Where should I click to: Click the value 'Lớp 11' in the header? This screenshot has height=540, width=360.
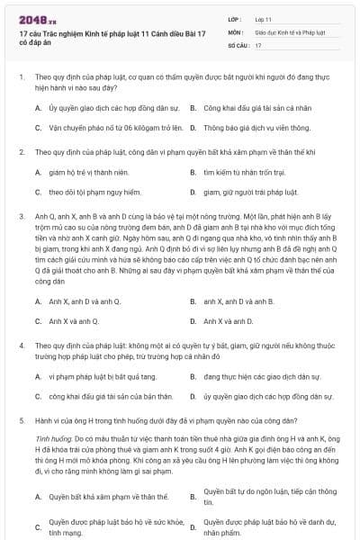pos(263,18)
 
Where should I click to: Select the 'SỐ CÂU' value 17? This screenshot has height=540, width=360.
pos(258,44)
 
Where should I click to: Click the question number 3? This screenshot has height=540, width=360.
pos(22,217)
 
